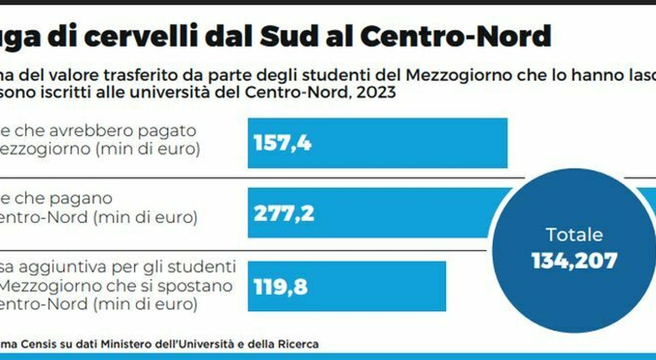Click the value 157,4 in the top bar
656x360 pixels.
tap(282, 143)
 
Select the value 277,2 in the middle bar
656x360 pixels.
tap(284, 213)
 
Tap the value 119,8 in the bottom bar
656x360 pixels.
tap(281, 287)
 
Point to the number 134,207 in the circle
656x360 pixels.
tap(575, 261)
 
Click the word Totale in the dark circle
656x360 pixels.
tap(575, 235)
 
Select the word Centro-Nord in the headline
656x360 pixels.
tap(455, 36)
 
